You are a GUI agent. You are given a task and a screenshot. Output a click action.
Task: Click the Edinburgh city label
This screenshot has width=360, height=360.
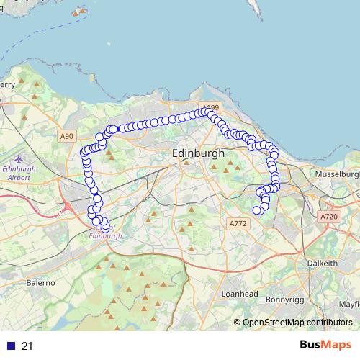pos(199,154)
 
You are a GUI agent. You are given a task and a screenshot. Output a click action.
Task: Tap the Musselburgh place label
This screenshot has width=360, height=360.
pos(334,174)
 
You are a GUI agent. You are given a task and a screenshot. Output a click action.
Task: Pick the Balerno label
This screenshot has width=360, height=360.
pos(41,283)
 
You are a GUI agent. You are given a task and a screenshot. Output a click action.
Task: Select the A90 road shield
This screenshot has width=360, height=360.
pos(67,136)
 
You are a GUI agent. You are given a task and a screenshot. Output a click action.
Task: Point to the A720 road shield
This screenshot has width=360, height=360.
pos(328,216)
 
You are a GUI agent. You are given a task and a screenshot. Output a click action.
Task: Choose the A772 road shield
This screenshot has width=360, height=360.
pos(238,225)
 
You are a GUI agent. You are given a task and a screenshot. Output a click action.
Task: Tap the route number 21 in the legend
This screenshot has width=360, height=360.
pos(27,346)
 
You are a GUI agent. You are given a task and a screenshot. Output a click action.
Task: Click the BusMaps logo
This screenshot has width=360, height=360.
pos(325,346)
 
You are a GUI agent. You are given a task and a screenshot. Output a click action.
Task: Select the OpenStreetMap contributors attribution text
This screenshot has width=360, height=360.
pos(297,323)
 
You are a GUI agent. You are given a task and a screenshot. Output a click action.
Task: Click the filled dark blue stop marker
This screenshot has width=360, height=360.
pos(97,199)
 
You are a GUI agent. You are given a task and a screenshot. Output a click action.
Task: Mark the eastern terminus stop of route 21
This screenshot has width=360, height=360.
pos(257,210)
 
